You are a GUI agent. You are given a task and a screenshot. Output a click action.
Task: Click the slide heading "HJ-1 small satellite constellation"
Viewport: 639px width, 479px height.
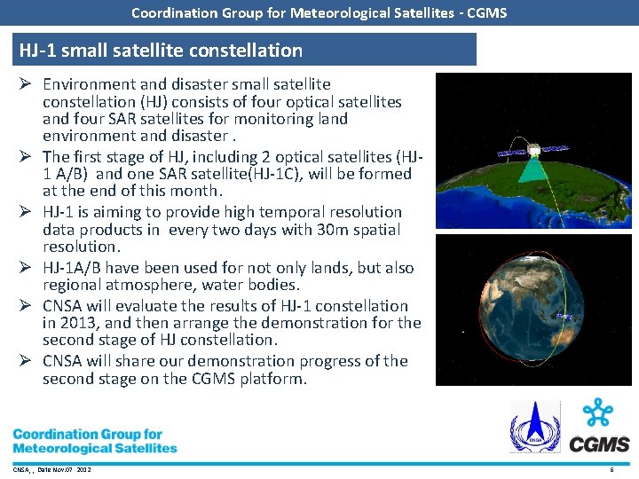pyautogui.click(x=161, y=51)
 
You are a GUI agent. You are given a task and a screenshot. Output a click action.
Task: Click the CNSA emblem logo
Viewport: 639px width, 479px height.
pyautogui.click(x=534, y=427)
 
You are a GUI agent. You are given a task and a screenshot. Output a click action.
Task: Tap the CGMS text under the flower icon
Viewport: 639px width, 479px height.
pyautogui.click(x=599, y=444)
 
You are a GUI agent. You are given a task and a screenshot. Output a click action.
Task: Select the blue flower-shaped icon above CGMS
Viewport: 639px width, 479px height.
pyautogui.click(x=600, y=414)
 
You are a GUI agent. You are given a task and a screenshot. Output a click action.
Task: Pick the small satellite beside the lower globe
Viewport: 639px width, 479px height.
pyautogui.click(x=564, y=316)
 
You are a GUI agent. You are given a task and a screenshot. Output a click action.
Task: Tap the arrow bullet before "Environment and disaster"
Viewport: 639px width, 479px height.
pyautogui.click(x=26, y=84)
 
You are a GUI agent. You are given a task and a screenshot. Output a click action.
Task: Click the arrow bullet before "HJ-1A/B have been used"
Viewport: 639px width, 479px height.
pyautogui.click(x=26, y=268)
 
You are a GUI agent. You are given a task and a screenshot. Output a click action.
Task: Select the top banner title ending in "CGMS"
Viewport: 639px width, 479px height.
pyautogui.click(x=319, y=12)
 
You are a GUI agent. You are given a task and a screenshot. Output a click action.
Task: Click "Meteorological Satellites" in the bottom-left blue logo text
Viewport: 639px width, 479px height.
pyautogui.click(x=95, y=448)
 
